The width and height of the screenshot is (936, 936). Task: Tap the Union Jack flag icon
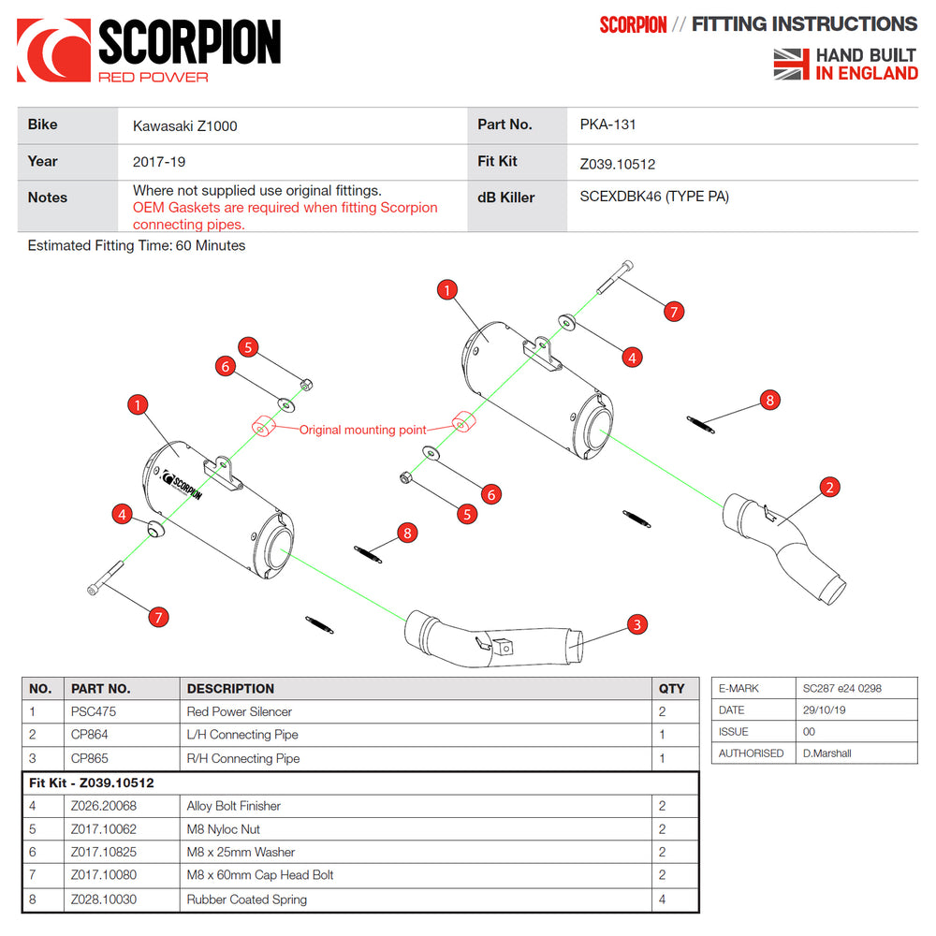point(792,65)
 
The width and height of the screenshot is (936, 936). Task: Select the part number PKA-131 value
point(608,124)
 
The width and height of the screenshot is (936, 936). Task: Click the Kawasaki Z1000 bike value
point(184,125)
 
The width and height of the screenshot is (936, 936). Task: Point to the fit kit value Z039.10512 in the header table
point(618,164)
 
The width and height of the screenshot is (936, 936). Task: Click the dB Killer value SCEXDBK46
point(654,197)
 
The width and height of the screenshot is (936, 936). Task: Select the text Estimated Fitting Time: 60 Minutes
point(137,246)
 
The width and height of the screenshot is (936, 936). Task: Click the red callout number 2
point(829,487)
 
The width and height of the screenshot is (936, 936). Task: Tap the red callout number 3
point(636,624)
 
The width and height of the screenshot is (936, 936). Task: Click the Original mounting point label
point(362,431)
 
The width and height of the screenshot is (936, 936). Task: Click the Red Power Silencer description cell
point(240,711)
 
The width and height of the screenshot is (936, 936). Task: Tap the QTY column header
point(671,688)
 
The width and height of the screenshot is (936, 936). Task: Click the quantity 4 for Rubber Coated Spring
point(662,899)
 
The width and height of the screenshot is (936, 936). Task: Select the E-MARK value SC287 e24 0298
point(841,688)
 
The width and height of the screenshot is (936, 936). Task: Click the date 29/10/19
point(825,710)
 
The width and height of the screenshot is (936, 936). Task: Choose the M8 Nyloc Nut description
point(224,829)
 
